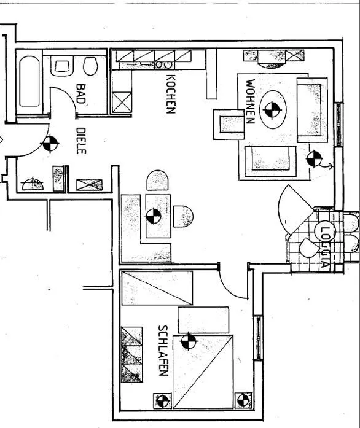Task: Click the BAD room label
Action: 81,93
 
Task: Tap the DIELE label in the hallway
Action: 81,141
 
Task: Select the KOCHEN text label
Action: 171,94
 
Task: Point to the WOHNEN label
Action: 251,101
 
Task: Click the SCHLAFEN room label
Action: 163,351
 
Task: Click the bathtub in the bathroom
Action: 29,81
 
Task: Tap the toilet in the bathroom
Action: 91,66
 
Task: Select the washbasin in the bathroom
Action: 62,66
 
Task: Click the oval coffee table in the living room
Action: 273,109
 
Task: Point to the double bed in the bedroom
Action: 203,372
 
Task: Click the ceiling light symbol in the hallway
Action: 50,143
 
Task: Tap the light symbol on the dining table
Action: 154,216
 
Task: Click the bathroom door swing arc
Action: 66,94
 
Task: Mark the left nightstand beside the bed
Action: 163,401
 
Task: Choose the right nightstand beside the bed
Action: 243,401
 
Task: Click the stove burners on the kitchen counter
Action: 163,65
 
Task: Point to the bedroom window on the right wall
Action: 258,338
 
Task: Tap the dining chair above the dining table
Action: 157,181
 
